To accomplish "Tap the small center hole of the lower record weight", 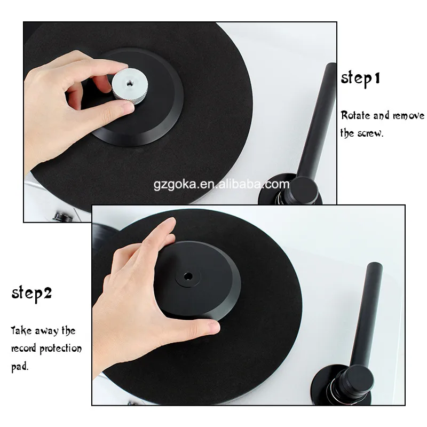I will [x=188, y=276].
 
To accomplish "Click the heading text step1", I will [x=360, y=78].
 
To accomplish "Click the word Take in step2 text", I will [x=20, y=331].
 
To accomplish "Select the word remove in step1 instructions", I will [x=408, y=115].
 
